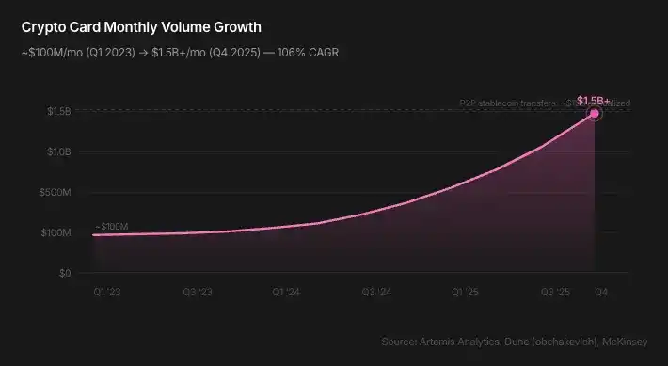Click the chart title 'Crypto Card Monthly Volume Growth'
[x=141, y=27]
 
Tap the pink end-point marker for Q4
[x=595, y=113]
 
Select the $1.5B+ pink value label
[x=594, y=100]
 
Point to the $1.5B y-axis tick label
[x=58, y=112]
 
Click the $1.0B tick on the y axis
[x=58, y=152]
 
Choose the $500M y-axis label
[x=56, y=193]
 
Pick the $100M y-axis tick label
[x=56, y=233]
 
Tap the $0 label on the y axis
[x=65, y=274]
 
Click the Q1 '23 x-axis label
[x=105, y=293]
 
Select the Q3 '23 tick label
[x=197, y=293]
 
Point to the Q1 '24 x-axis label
[x=286, y=293]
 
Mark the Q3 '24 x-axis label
[x=376, y=293]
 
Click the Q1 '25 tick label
[x=466, y=293]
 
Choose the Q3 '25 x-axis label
[x=555, y=293]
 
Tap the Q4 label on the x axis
[x=599, y=293]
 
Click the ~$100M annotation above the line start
[x=112, y=227]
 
